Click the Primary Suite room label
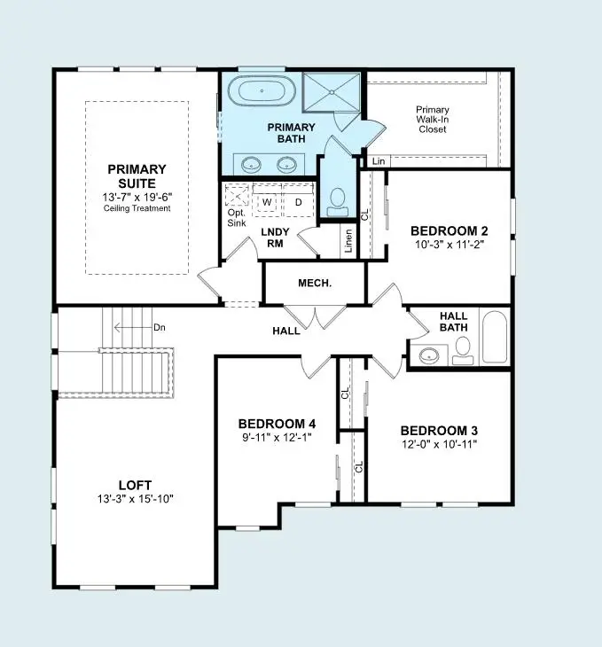tap(137, 175)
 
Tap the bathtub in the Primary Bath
tap(263, 92)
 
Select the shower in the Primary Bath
tap(332, 92)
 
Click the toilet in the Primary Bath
tap(338, 200)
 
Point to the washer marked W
tap(266, 202)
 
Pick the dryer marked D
tap(298, 202)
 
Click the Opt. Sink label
tap(237, 220)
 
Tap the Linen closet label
tap(349, 241)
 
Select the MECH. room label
tap(314, 284)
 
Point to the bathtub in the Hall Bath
tap(494, 338)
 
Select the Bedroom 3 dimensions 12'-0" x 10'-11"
tap(438, 444)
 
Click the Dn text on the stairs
tap(160, 327)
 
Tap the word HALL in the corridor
tap(285, 331)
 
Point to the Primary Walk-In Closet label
tap(433, 120)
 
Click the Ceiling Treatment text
tap(137, 208)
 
